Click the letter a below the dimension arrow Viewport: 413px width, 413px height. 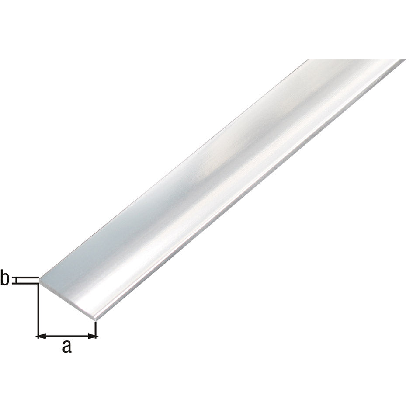[66, 347]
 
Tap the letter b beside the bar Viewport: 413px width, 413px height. [5, 279]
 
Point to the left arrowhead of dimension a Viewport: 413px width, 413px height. [40, 336]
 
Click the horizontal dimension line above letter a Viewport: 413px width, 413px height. [66, 336]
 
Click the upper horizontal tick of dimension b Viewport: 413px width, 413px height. [26, 277]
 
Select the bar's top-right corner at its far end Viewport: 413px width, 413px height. [404, 60]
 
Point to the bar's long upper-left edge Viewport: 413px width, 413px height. [175, 169]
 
